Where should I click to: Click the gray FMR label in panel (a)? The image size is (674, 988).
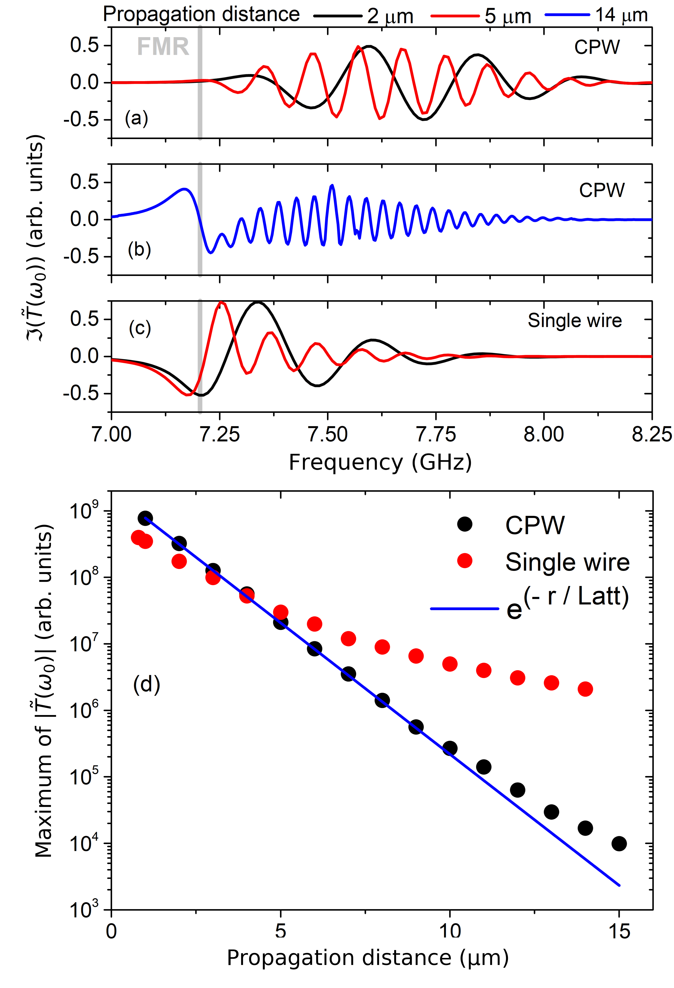tap(163, 47)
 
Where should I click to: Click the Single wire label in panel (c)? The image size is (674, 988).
tap(574, 321)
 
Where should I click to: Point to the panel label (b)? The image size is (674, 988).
tap(139, 250)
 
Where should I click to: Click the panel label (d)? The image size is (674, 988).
tap(147, 685)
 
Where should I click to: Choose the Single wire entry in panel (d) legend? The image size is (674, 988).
tap(567, 562)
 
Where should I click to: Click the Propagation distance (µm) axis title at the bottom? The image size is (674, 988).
tap(368, 958)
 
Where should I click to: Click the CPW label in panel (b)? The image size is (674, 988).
tap(601, 190)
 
